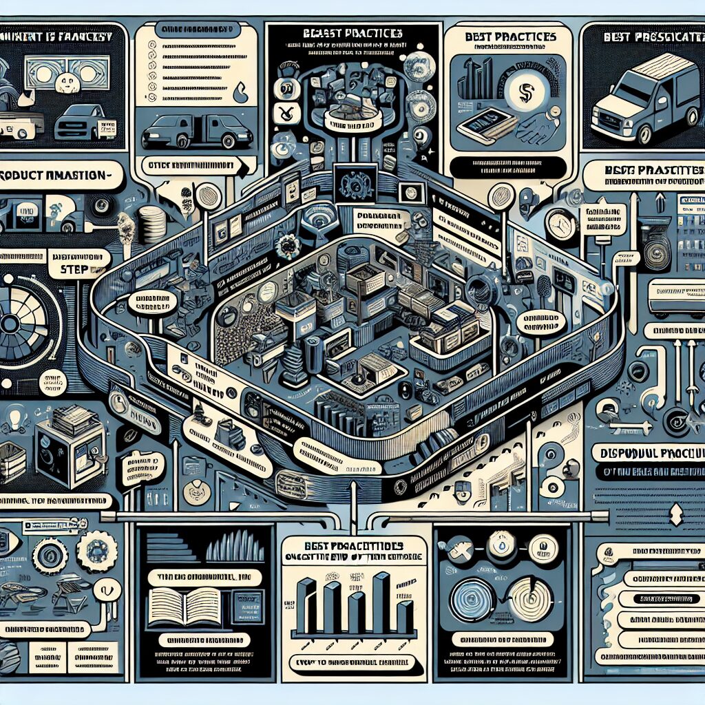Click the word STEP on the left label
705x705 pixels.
[x=74, y=269]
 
